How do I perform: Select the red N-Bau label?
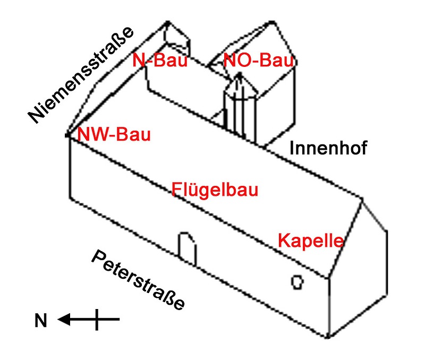coord(160,61)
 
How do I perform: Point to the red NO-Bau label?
coord(259,61)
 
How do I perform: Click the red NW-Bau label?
coord(114,134)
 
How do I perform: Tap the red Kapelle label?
coord(311,241)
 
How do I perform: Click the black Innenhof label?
coord(328,148)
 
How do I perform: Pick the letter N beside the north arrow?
coord(41,321)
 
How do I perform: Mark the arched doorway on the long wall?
coord(187,247)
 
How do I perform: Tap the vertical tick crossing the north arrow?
coord(96,319)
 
